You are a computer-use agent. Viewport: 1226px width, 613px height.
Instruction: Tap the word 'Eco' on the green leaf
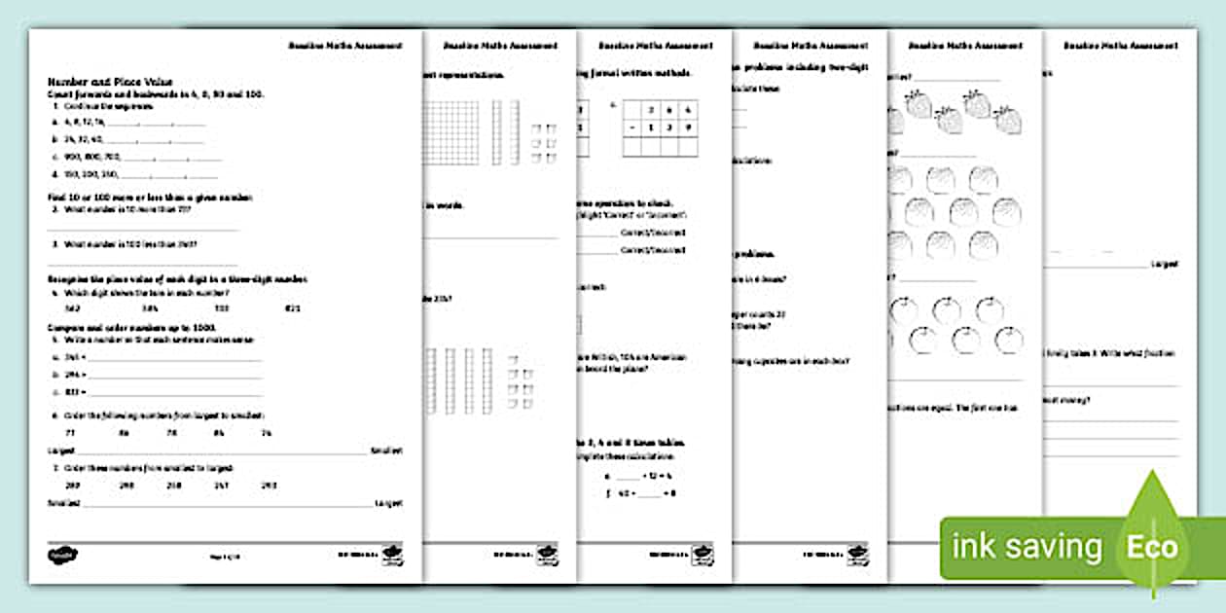pos(1152,546)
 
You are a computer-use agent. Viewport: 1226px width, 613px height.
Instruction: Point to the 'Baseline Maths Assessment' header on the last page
pos(1120,46)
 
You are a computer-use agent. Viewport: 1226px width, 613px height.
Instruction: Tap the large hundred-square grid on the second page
pos(451,132)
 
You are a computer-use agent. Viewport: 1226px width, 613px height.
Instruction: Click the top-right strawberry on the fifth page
pos(1008,120)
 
